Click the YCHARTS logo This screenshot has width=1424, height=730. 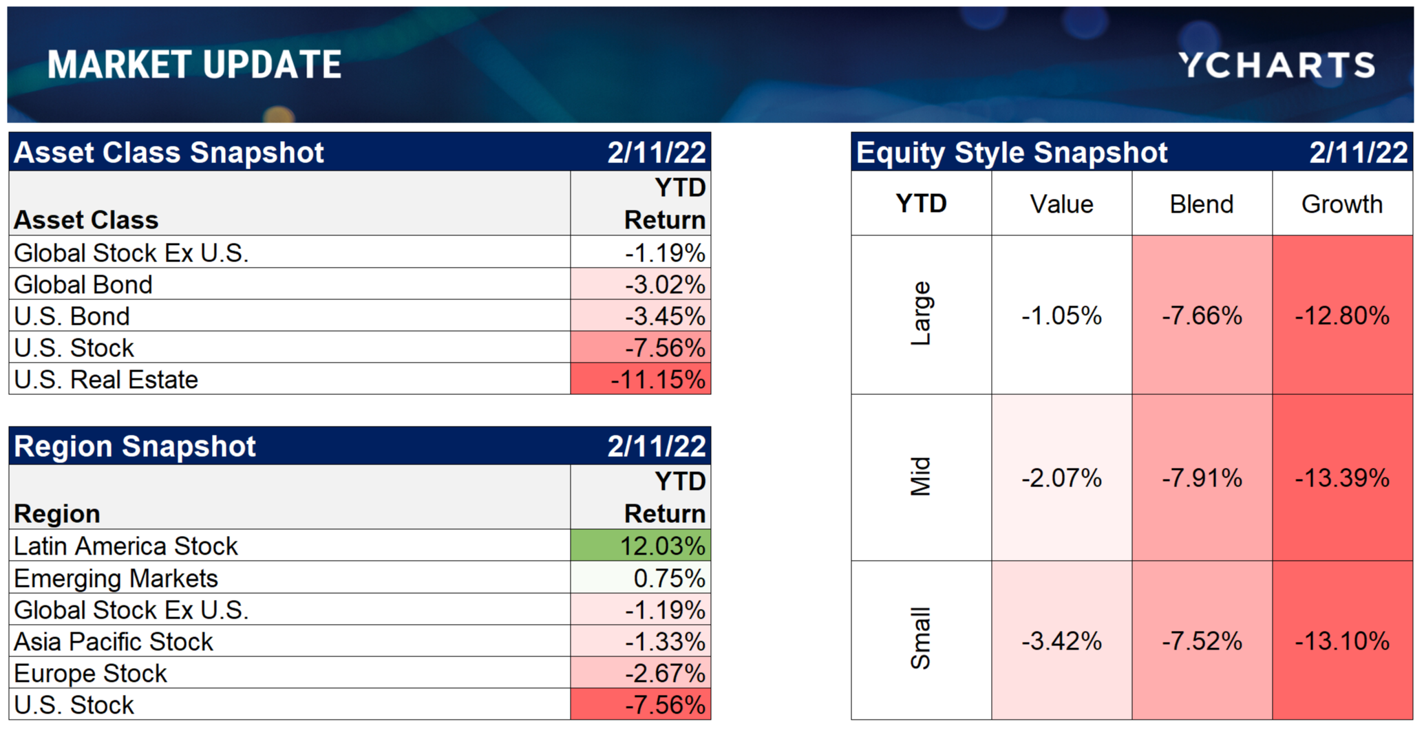[1277, 65]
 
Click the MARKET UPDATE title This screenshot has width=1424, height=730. [195, 65]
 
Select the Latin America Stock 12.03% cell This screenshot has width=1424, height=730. [641, 546]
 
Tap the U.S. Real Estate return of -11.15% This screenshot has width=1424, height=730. [641, 379]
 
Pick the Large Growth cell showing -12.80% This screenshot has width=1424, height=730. [1342, 316]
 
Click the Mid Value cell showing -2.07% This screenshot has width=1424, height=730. [1061, 477]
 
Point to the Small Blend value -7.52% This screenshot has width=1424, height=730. [1202, 641]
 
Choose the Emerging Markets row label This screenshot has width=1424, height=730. [116, 578]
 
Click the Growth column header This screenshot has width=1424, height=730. [1342, 204]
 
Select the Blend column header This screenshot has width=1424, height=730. [1202, 204]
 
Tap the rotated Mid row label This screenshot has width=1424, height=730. [920, 477]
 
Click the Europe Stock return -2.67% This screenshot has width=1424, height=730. [641, 673]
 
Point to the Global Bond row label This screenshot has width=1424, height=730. [83, 284]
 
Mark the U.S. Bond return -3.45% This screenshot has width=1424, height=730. [641, 316]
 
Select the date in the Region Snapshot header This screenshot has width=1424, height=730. [657, 447]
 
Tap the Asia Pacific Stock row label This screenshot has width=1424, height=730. [114, 641]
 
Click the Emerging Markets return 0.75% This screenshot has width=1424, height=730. [641, 578]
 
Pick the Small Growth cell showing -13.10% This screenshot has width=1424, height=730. [1342, 641]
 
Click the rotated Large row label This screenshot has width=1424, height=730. [920, 314]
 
